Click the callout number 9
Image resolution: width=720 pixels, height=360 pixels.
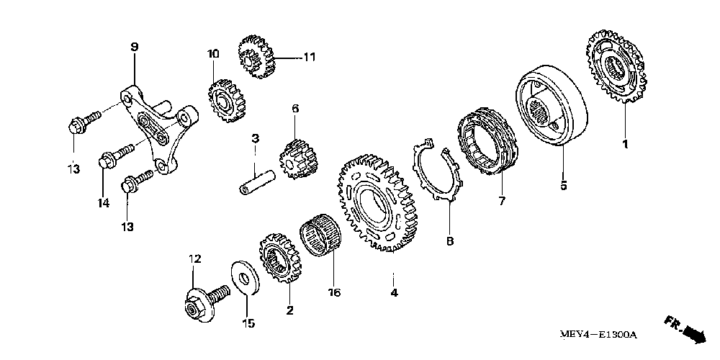(135, 47)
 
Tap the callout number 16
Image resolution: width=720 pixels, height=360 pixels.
(334, 292)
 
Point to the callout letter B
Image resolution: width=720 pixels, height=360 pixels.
(449, 242)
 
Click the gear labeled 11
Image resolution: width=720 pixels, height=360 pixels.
(256, 53)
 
